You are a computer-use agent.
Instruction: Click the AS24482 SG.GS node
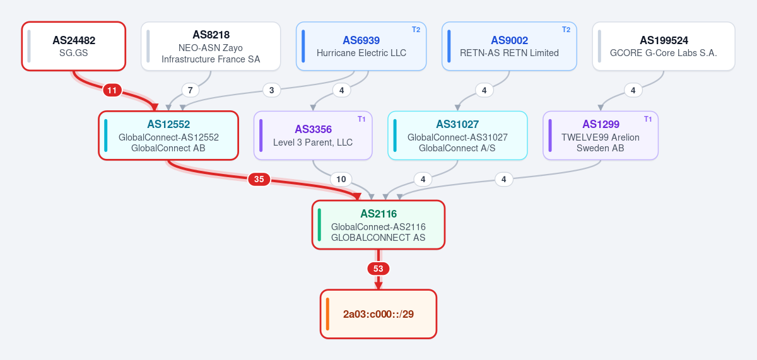pos(74,46)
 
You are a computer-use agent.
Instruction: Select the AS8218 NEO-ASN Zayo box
pos(211,46)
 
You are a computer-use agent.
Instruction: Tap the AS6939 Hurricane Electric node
pos(361,46)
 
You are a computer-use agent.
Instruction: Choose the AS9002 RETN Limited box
pos(509,46)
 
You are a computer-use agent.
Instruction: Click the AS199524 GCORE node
pos(664,46)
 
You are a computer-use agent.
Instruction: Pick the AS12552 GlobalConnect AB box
pos(168,136)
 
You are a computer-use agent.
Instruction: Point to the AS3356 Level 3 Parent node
pos(313,136)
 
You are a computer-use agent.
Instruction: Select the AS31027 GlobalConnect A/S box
pos(457,136)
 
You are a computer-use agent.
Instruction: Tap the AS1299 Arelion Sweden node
pos(601,136)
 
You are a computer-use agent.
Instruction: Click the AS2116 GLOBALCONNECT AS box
pos(378,225)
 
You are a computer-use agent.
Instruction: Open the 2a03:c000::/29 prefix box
pos(378,314)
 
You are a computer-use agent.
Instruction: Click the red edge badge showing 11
pos(112,90)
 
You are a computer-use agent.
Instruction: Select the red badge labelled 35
pos(259,179)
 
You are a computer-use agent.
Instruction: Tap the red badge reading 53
pos(378,269)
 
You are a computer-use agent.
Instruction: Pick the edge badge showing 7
pos(191,90)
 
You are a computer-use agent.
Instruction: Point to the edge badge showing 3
pos(272,90)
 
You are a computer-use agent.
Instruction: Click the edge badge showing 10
pos(341,179)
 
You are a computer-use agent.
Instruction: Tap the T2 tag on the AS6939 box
pos(416,30)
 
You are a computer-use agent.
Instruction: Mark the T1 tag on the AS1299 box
pos(648,119)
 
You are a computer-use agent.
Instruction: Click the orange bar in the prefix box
pos(327,314)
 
